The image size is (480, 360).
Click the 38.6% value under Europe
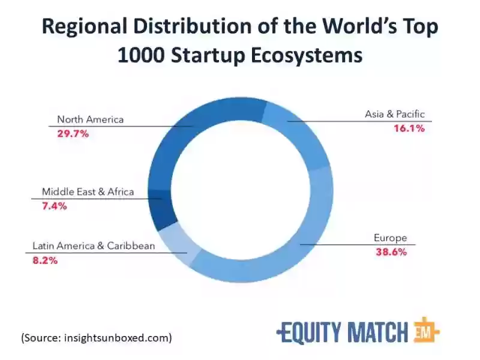point(391,252)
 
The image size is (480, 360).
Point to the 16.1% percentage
point(409,128)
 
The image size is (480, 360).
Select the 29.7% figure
point(73,133)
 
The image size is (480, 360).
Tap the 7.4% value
point(54,206)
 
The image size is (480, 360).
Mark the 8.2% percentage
point(45,260)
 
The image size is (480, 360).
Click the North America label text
point(91,119)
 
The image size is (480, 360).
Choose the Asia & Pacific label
point(395,114)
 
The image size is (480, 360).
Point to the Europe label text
point(391,238)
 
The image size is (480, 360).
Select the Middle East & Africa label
point(88,192)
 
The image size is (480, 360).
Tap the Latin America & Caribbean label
point(94,246)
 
